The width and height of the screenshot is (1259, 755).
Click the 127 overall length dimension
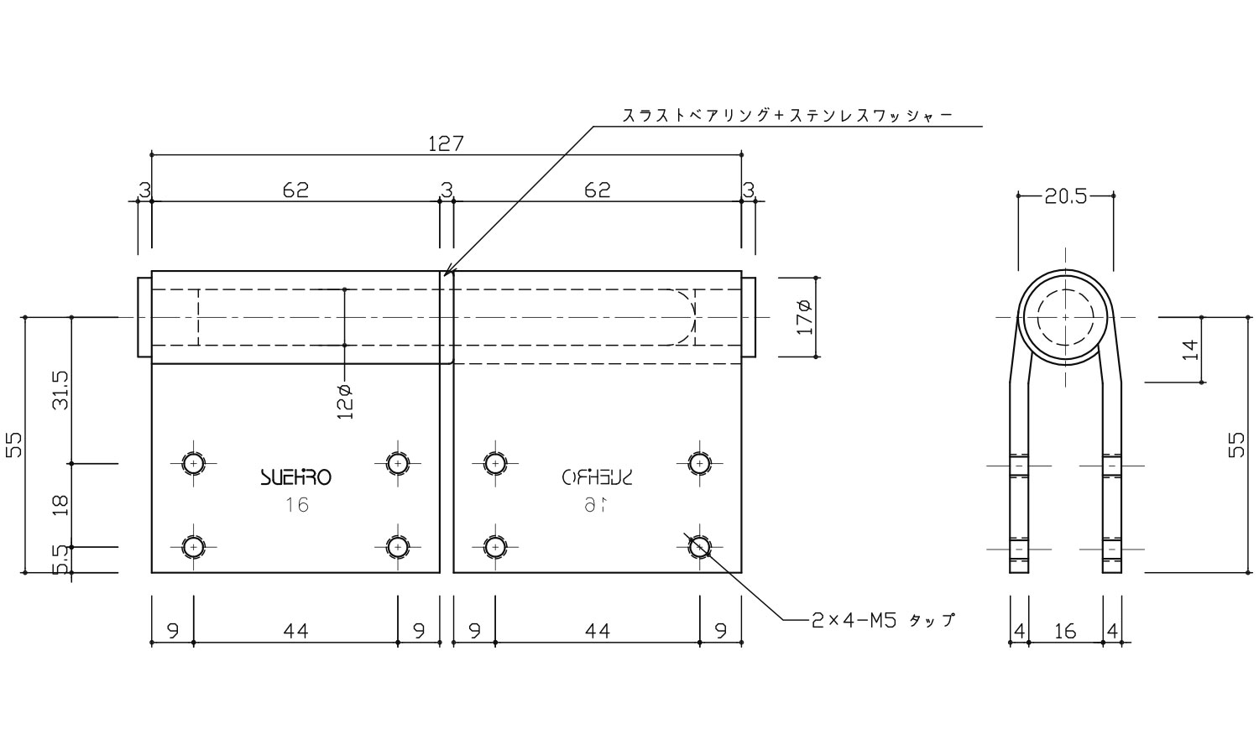pos(446,143)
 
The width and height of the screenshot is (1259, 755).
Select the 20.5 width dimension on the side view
pos(1065,196)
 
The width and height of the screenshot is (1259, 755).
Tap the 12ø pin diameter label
pos(345,401)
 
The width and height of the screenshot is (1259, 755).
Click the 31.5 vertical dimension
pos(60,390)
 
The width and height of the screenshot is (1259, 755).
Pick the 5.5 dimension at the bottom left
pos(60,560)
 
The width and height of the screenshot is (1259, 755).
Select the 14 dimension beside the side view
pos(1190,350)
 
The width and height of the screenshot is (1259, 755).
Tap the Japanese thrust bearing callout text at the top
pos(787,116)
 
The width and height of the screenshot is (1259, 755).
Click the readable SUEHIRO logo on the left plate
pos(295,477)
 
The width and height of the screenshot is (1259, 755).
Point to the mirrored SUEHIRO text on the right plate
pos(597,477)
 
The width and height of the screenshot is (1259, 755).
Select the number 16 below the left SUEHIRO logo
pos(295,505)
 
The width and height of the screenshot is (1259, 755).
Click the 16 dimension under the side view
pos(1064,631)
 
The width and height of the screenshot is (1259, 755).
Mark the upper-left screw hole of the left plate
pos(194,463)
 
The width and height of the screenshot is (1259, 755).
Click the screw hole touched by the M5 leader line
pos(699,547)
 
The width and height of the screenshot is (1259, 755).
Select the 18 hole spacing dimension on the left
pos(60,505)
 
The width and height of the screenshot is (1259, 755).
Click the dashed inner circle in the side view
pos(1065,318)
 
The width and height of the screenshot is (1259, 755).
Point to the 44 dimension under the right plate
pos(597,631)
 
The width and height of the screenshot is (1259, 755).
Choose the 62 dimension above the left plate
pos(295,190)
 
